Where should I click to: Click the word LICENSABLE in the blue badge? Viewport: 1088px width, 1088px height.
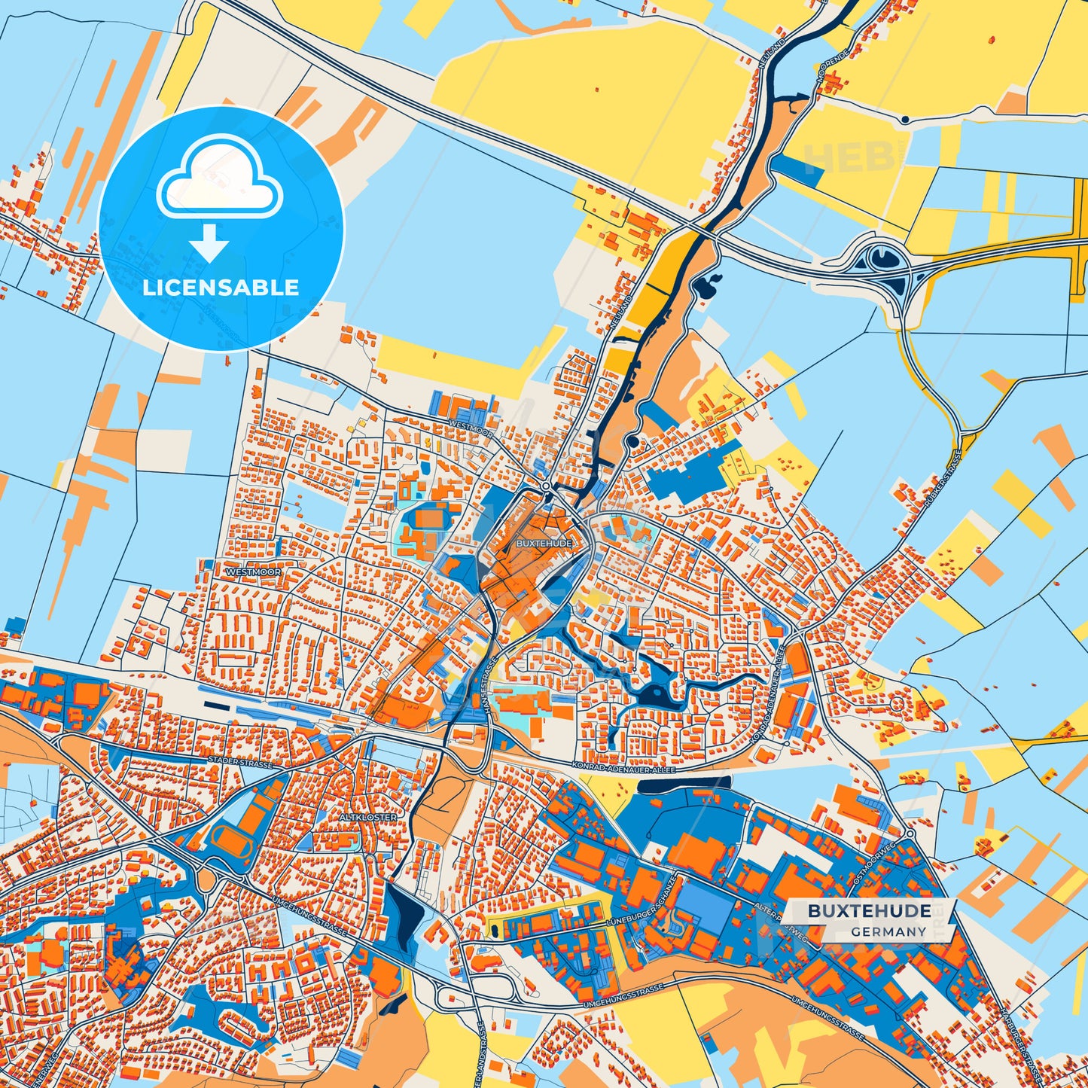click(x=221, y=288)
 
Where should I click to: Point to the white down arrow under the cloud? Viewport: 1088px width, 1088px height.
click(x=210, y=242)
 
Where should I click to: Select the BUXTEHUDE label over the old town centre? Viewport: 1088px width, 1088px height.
click(x=544, y=543)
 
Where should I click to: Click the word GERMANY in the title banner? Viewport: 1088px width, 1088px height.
click(x=889, y=931)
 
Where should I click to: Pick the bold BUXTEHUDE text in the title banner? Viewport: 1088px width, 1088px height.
click(x=870, y=911)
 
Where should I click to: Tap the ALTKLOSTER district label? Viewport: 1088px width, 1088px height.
click(x=367, y=817)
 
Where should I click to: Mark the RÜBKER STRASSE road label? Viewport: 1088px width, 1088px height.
click(x=946, y=478)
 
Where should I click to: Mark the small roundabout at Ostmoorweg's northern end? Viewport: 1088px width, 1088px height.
click(x=910, y=834)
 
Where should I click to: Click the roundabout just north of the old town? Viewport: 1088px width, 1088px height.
click(x=546, y=487)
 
